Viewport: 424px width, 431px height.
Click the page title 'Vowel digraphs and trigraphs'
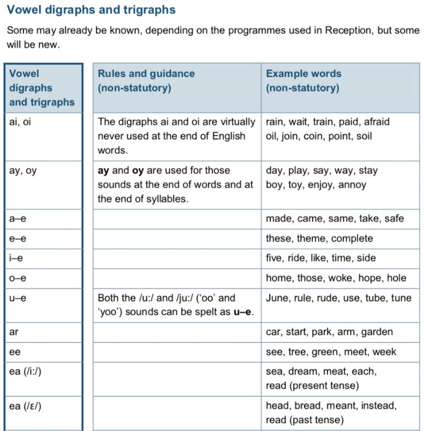tap(91, 10)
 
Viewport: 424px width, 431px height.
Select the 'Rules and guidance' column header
tap(146, 73)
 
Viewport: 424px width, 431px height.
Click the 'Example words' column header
tap(303, 73)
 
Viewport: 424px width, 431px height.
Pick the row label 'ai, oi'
tap(20, 122)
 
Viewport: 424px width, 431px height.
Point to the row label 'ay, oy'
tap(23, 171)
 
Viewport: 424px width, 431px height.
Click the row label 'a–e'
tap(16, 218)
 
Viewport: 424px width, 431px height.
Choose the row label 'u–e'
tap(16, 298)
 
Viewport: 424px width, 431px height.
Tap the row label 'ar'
tap(14, 332)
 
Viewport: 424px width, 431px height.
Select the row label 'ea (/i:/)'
tap(27, 372)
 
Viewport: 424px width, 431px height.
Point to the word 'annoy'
tap(352, 185)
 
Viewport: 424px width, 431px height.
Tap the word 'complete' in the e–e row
tap(352, 239)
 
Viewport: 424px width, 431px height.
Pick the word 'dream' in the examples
tap(303, 372)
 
